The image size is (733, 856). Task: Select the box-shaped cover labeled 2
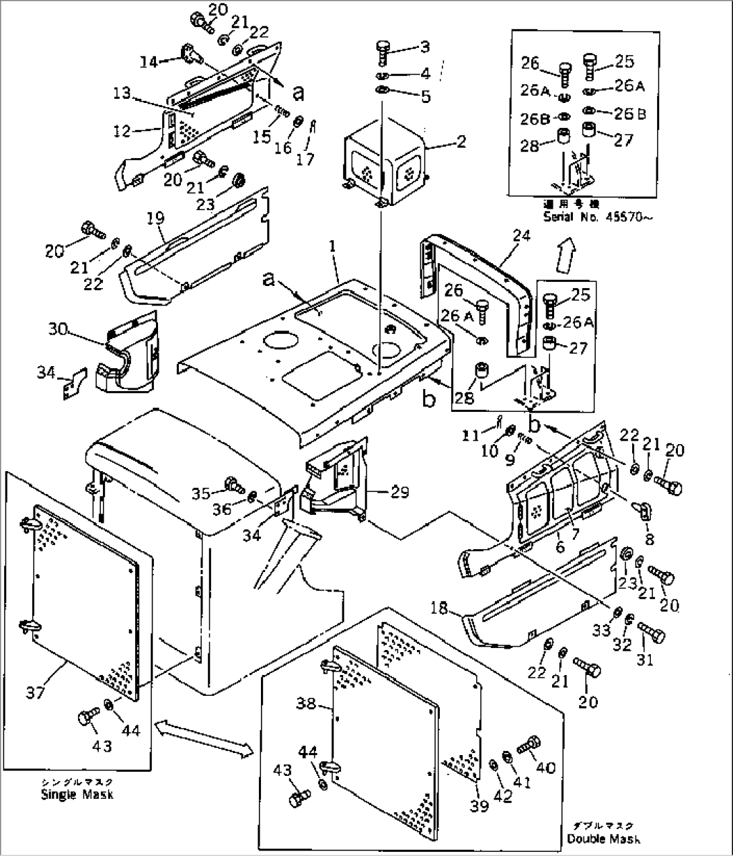click(x=383, y=168)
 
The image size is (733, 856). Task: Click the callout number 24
click(x=521, y=236)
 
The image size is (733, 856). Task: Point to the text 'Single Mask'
click(x=77, y=794)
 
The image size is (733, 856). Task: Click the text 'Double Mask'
click(x=603, y=839)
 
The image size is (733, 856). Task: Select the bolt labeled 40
click(x=527, y=744)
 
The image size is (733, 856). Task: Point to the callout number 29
click(x=400, y=492)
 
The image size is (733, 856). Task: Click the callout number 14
click(x=148, y=62)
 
